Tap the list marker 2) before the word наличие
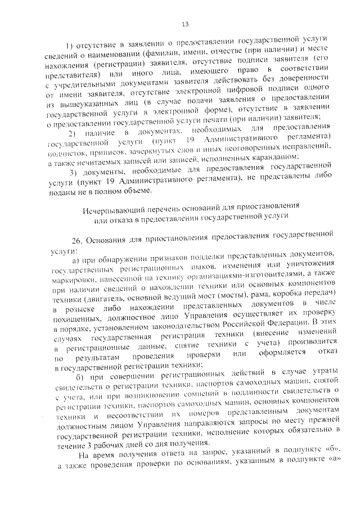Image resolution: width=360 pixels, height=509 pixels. (71, 132)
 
